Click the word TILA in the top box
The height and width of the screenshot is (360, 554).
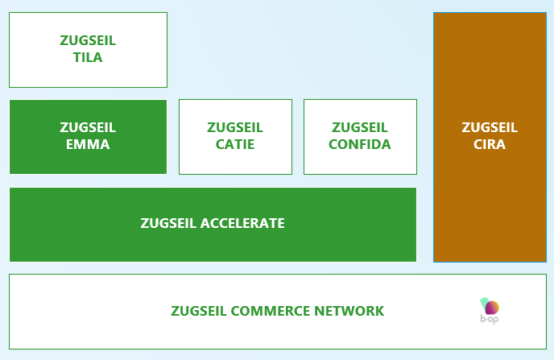click(x=88, y=58)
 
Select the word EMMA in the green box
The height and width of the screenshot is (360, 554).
click(x=88, y=145)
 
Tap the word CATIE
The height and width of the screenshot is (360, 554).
click(x=234, y=145)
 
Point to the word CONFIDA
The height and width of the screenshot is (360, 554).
click(x=360, y=145)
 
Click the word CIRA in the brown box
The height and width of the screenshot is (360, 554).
click(x=490, y=145)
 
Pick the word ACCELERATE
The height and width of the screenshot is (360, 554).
click(x=242, y=223)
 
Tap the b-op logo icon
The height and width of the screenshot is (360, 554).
click(x=490, y=307)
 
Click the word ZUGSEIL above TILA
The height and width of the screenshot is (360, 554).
click(x=88, y=39)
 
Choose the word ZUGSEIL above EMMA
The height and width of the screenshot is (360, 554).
click(x=88, y=127)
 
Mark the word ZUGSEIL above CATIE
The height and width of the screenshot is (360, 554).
click(x=234, y=127)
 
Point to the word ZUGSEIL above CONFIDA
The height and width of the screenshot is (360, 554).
click(x=360, y=127)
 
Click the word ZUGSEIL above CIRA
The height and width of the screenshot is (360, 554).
click(x=490, y=127)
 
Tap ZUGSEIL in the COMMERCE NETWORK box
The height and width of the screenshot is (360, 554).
click(x=199, y=311)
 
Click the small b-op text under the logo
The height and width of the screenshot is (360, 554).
click(x=490, y=321)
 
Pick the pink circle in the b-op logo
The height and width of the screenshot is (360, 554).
click(x=492, y=307)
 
